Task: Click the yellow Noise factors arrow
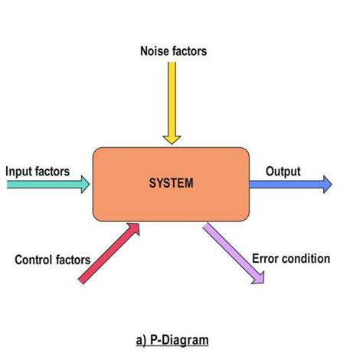tap(172, 100)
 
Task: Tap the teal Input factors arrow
tap(46, 184)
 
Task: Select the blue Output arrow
tap(287, 184)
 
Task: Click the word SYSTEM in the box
tap(172, 183)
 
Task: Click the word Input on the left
tap(20, 171)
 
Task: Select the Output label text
tap(283, 171)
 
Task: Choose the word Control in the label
tap(36, 260)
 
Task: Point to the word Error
tap(266, 258)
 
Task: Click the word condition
tap(306, 258)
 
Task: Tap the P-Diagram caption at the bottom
tap(170, 339)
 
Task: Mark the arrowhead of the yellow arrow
tap(172, 138)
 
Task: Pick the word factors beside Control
tap(73, 260)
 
